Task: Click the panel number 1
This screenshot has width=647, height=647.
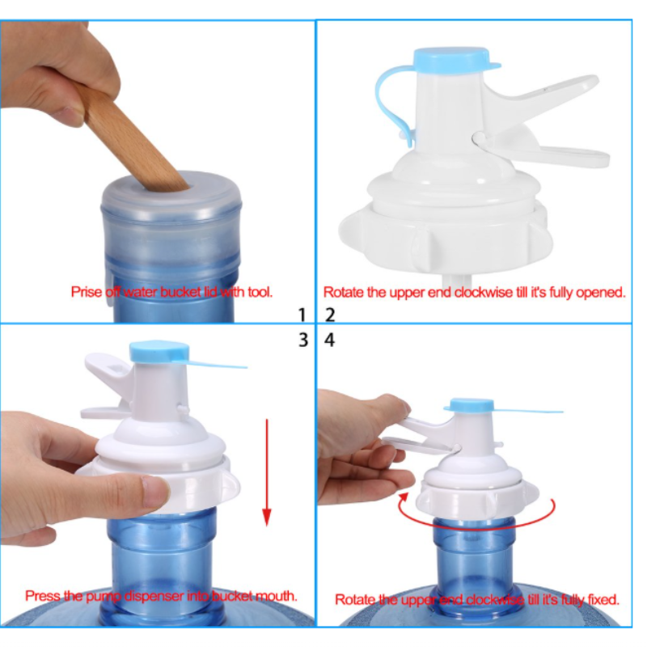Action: coord(302,315)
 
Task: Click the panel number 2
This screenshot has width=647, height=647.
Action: coord(330,315)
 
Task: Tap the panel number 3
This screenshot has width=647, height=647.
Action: coord(303,340)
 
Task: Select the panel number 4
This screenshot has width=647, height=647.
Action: coord(330,340)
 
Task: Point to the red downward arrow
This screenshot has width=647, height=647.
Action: coord(267,472)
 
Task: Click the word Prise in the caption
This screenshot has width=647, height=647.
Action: coord(87,292)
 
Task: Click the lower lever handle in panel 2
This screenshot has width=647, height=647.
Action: coord(549,153)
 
